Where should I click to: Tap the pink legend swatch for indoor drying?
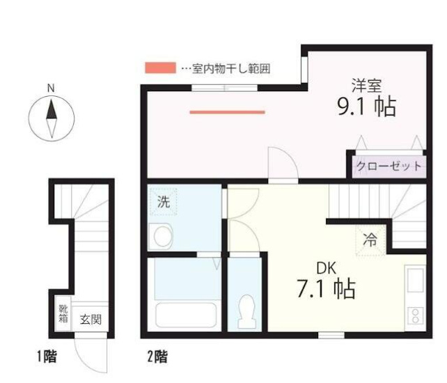coord(159,68)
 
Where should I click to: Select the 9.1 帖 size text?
coord(366,108)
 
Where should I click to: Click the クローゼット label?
coord(389,166)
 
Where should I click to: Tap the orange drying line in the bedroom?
coord(227,111)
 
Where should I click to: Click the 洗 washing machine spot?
coord(163,203)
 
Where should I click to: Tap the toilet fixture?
coord(246,311)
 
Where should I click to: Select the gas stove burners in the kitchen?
coord(416,317)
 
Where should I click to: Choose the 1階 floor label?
coord(47,358)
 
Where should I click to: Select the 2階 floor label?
coord(157,358)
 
